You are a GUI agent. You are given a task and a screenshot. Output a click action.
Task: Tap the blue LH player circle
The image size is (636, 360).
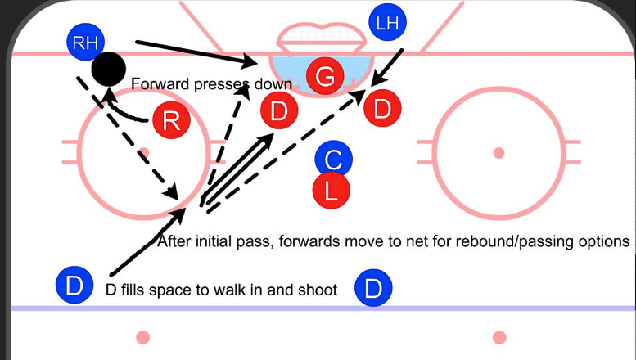[389, 24]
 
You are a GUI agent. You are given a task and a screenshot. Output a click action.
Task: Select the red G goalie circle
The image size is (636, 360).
[324, 77]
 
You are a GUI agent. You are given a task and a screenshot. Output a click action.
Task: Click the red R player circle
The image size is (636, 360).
[171, 122]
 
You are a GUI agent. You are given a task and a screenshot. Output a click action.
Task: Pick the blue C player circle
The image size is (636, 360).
[332, 159]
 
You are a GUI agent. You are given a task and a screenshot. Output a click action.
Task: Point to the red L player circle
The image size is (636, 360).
[332, 191]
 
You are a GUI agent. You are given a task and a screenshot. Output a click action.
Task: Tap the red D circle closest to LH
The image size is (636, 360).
[381, 108]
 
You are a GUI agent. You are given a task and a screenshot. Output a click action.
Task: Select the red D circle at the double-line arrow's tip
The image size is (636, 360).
[279, 111]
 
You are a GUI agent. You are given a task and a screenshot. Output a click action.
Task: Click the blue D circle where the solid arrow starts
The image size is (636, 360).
[74, 287]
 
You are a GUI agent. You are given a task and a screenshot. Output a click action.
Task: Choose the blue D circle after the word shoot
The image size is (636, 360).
[373, 288]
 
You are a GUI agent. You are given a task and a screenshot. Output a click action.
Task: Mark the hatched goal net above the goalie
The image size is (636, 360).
[318, 37]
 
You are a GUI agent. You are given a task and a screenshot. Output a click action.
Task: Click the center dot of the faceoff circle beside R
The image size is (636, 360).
[144, 152]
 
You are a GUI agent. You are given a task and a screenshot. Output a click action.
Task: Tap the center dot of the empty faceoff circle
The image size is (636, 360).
[498, 152]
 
